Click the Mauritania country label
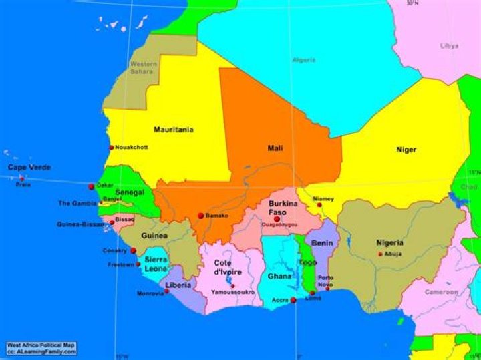click(x=174, y=129)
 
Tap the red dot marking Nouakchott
click(x=112, y=148)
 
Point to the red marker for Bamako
click(x=200, y=216)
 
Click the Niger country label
click(x=406, y=150)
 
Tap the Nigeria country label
click(x=389, y=243)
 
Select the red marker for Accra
click(x=293, y=301)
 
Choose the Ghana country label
click(x=280, y=276)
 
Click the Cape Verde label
click(x=29, y=168)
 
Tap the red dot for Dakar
click(x=92, y=186)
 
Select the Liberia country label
click(x=178, y=285)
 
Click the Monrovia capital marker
click(x=167, y=291)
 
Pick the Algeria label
click(x=304, y=60)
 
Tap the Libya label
click(x=449, y=46)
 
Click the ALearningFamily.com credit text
click(x=41, y=351)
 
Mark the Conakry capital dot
click(x=133, y=251)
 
